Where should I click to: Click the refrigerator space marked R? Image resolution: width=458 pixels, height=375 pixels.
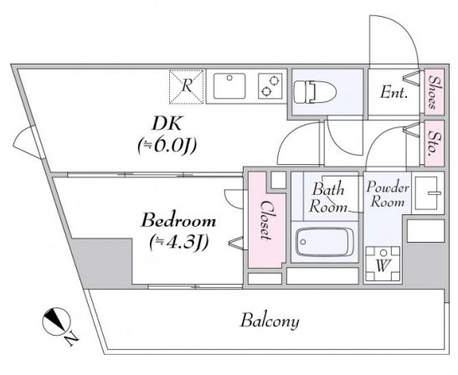coord(187,87)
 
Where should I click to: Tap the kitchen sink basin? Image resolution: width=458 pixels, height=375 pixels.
coord(229,86)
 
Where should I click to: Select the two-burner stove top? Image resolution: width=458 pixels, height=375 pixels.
coord(270,86)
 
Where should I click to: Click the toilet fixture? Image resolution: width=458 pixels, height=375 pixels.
coord(315,92)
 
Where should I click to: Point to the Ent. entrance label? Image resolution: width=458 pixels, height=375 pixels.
coord(394,93)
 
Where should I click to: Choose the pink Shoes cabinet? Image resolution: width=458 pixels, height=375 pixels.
coord(434,92)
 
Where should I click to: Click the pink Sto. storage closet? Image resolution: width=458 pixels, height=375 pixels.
coord(434,143)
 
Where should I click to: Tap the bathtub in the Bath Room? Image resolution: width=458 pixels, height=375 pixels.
coord(325,242)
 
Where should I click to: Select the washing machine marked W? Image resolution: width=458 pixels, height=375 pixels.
coord(383,264)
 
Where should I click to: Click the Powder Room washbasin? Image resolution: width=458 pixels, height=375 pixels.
coord(428,193)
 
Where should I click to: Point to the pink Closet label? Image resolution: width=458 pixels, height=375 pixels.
coord(265,220)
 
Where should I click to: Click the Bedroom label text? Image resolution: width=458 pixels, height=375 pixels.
coord(178,221)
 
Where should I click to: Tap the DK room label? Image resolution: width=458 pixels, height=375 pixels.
coord(167,124)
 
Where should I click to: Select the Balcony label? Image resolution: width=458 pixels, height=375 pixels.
coord(270,321)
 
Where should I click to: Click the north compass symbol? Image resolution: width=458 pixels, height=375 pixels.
coord(57,321)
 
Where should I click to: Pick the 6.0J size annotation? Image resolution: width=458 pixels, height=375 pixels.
coord(167,145)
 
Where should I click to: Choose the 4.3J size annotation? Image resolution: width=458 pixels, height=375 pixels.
coord(178,242)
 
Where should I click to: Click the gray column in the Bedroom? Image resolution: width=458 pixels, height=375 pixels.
coord(102,263)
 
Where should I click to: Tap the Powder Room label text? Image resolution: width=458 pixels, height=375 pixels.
coord(387,194)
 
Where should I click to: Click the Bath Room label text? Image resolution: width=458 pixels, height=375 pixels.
coord(328,198)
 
